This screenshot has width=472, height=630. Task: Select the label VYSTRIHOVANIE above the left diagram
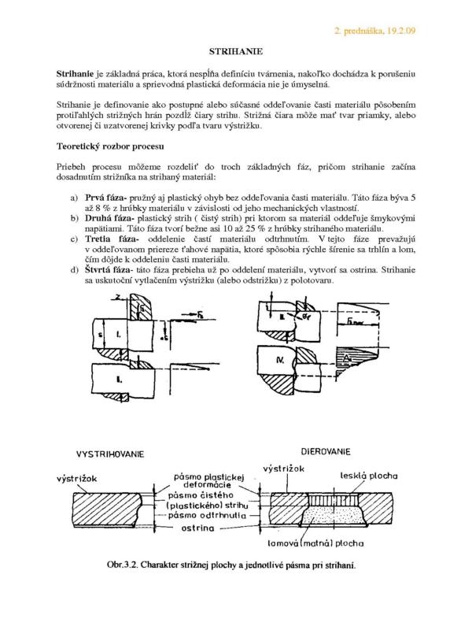114,455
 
